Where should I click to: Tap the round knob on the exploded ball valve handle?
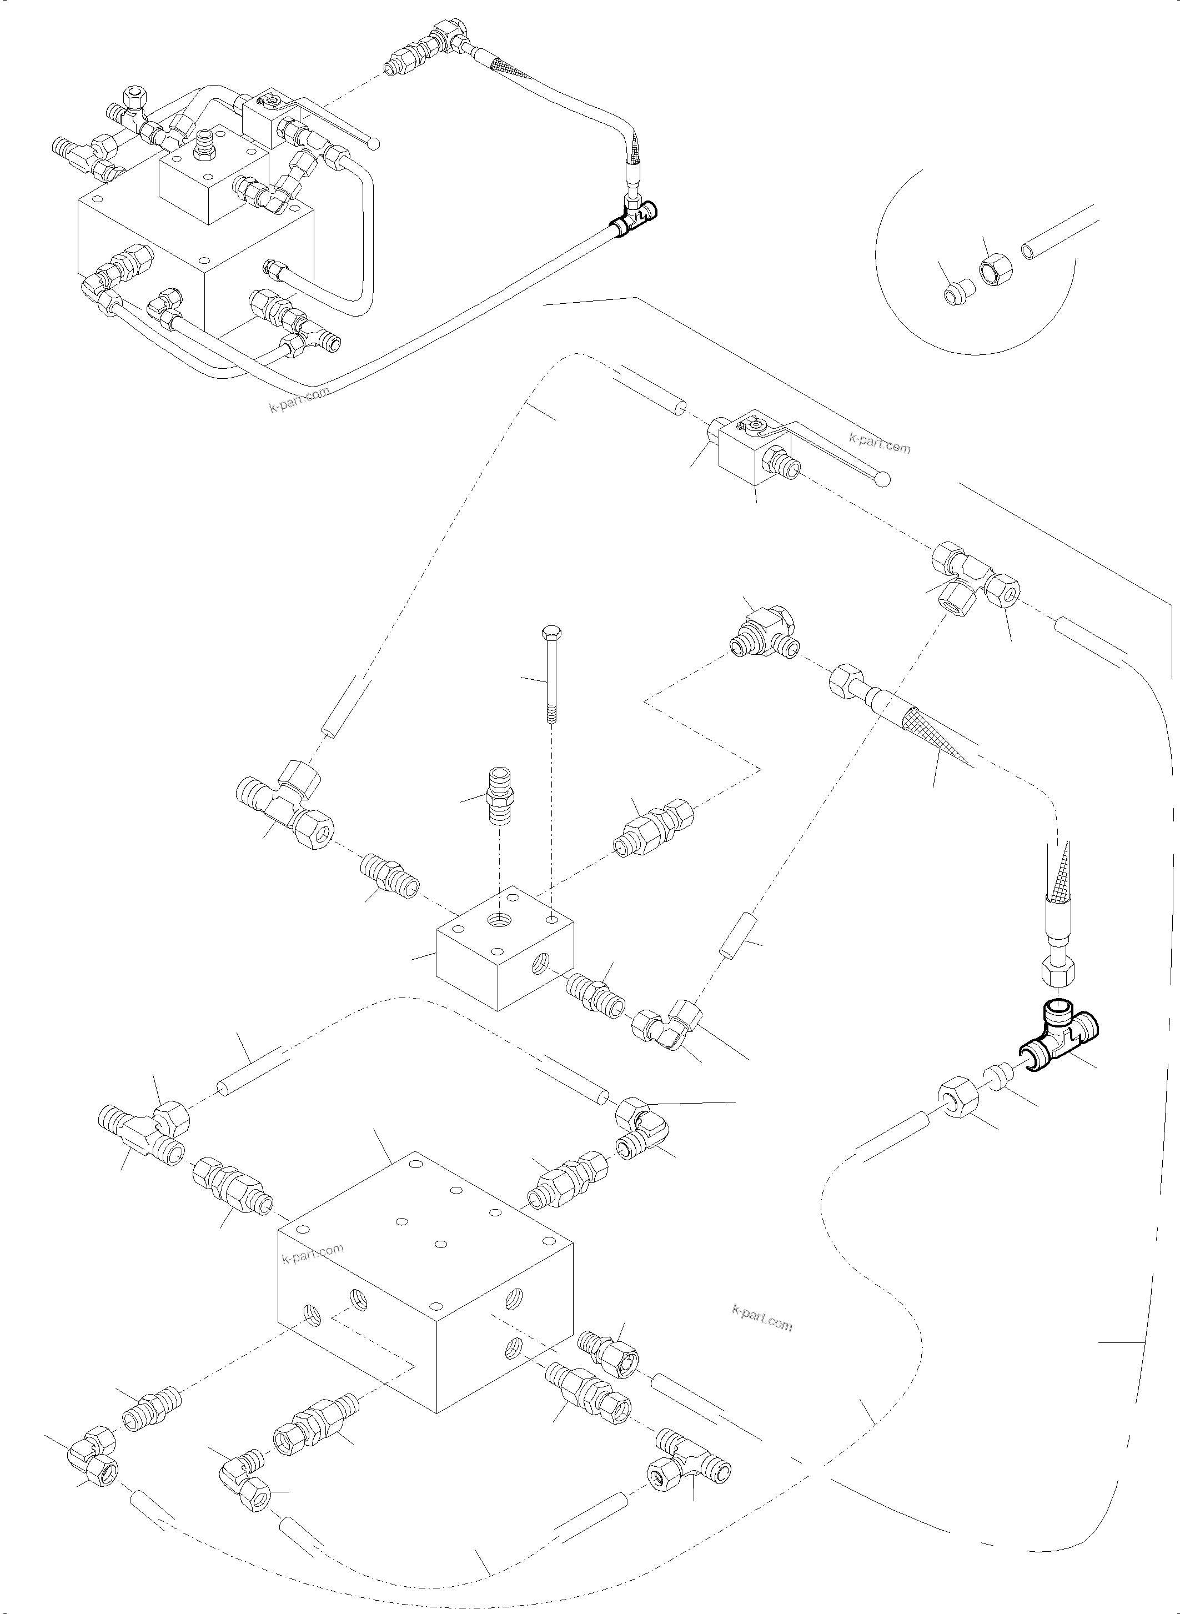coord(883,479)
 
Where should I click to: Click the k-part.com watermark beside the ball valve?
coord(880,443)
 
